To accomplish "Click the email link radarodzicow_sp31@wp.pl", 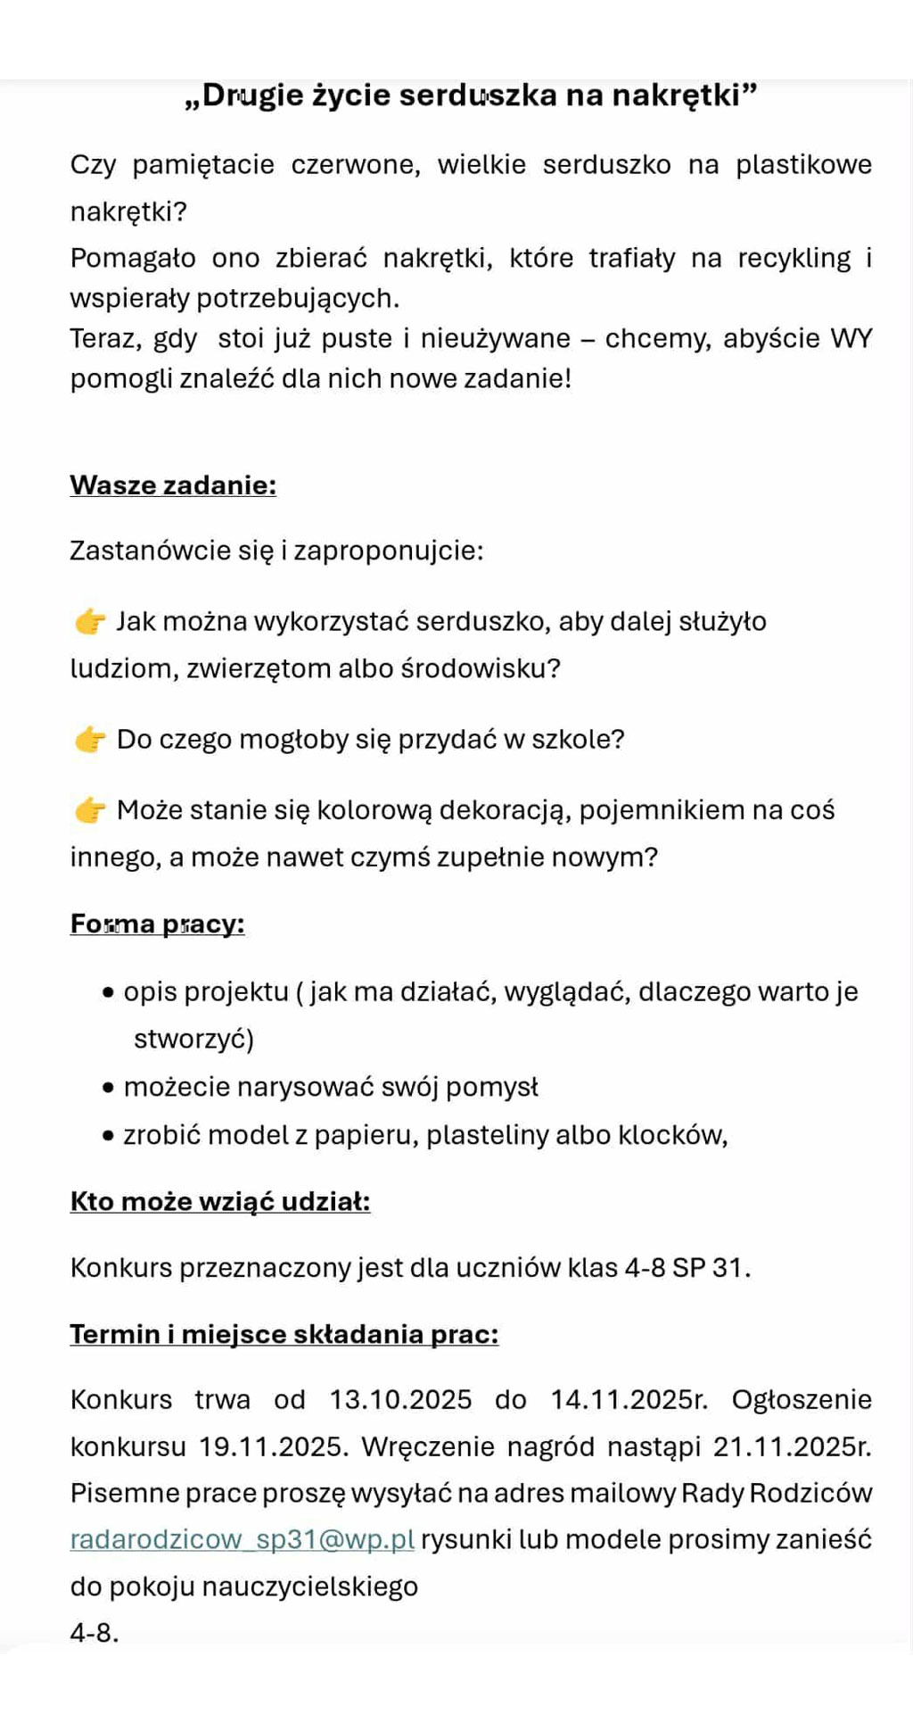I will click(x=242, y=1539).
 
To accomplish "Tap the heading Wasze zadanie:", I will click(x=173, y=485).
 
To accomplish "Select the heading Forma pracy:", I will click(x=157, y=924).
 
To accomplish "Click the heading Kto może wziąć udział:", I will click(x=220, y=1201).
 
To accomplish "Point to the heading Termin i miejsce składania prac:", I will click(x=284, y=1334).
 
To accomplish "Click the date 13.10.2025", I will click(x=400, y=1399).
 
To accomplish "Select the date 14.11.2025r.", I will click(x=629, y=1399).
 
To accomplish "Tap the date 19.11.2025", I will click(x=273, y=1446).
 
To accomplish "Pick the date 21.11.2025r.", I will click(x=792, y=1446).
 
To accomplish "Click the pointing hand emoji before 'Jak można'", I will click(x=90, y=621).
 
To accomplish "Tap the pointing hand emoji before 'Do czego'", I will click(x=90, y=739).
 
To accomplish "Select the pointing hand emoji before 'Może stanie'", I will click(x=90, y=809).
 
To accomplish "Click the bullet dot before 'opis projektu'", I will click(x=109, y=992).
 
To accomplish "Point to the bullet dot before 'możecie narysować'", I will click(x=109, y=1088).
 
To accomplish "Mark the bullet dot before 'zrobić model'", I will click(x=109, y=1136).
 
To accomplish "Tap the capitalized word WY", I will click(x=851, y=338).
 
